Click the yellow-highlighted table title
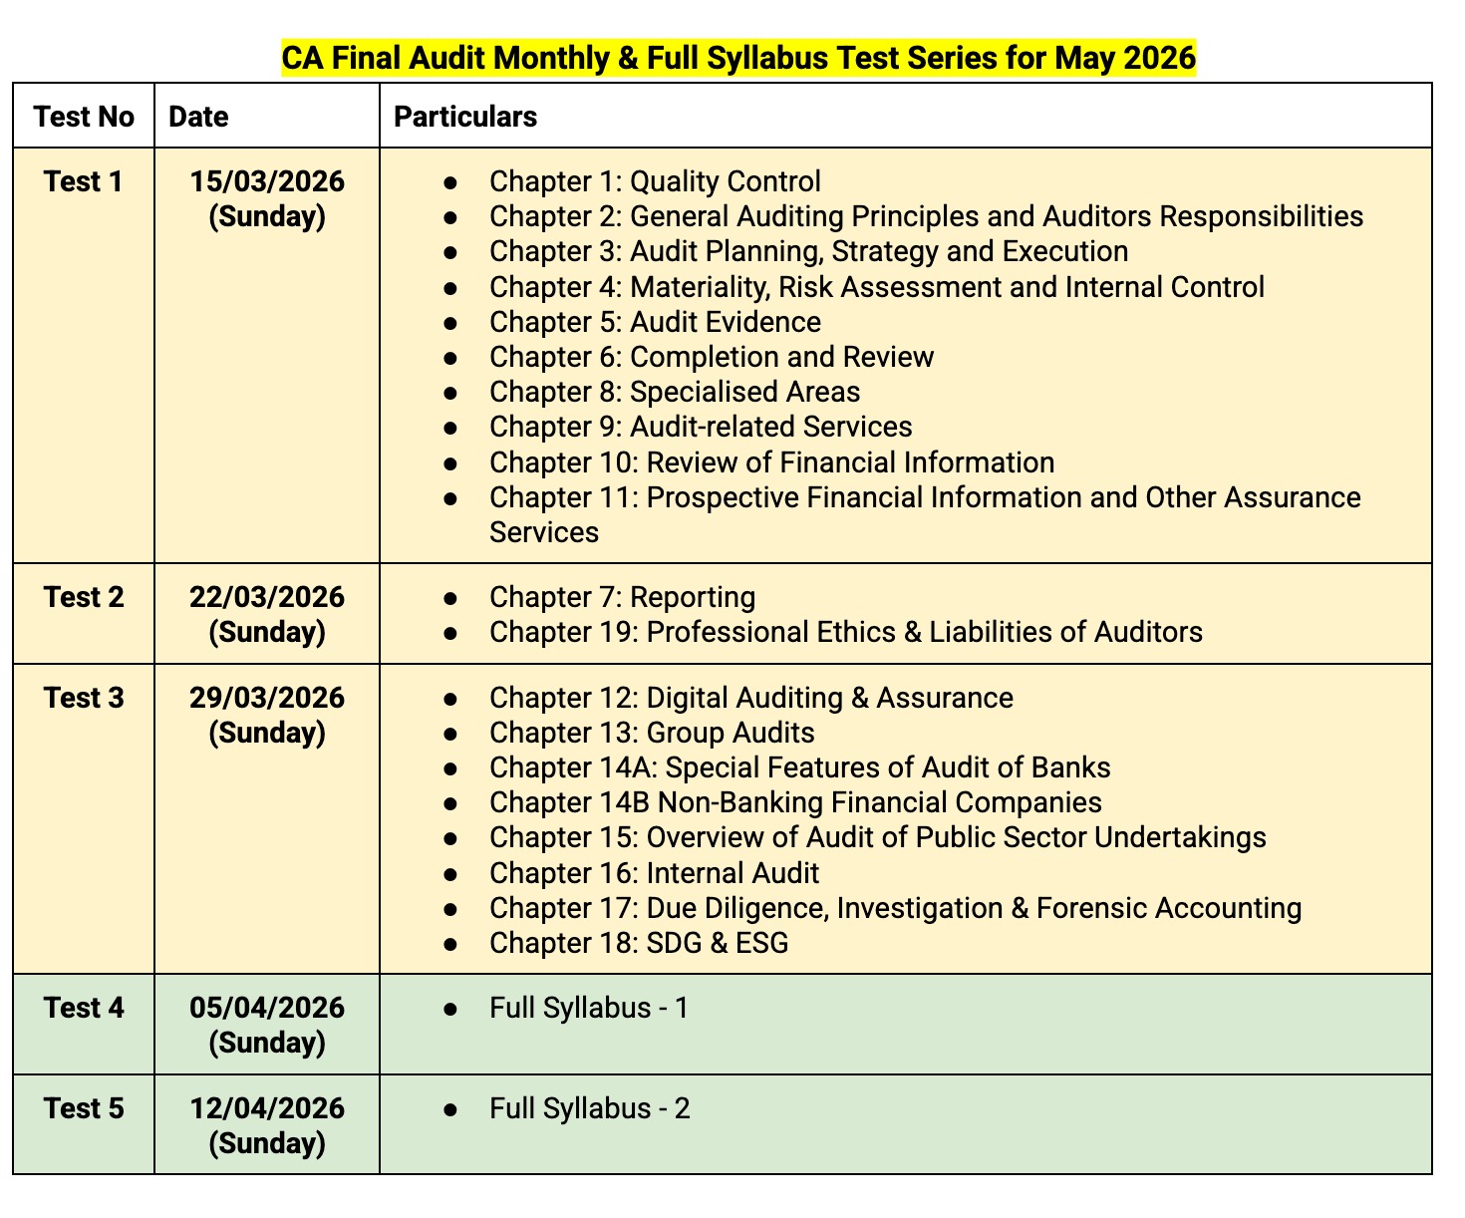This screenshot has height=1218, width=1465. (737, 58)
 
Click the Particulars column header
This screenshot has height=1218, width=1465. (465, 117)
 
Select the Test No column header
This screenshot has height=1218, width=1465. (84, 117)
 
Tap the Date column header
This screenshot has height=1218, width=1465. (198, 117)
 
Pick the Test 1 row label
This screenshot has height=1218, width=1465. (84, 181)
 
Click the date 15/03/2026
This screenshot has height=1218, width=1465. (267, 181)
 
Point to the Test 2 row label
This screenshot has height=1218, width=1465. (84, 597)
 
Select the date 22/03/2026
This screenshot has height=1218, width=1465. (267, 597)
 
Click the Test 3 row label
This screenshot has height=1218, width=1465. (84, 698)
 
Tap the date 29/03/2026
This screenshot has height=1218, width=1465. (267, 698)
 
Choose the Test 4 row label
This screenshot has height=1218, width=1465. (84, 1008)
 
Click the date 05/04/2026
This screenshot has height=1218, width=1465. (267, 1008)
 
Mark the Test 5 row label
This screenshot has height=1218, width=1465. (84, 1108)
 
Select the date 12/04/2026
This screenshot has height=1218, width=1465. (267, 1108)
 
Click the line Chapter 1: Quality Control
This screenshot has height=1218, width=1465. (655, 181)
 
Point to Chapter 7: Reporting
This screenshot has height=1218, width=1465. (622, 597)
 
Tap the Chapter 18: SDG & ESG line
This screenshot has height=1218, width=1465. (639, 943)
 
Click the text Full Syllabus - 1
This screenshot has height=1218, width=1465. (589, 1008)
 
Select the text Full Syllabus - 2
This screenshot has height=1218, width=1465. (589, 1108)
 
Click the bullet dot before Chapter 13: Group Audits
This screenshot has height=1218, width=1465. (450, 734)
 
